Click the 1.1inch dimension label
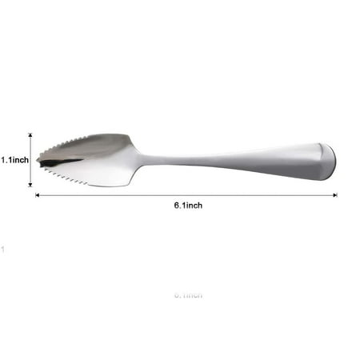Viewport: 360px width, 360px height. [14, 160]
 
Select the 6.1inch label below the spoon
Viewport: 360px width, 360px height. [188, 206]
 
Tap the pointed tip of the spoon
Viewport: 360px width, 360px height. [38, 159]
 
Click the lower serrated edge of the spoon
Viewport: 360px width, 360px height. [68, 175]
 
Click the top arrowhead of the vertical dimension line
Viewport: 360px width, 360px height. [30, 135]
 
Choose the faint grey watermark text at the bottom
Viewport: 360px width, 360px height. [188, 295]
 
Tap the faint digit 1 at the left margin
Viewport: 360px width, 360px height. [3, 250]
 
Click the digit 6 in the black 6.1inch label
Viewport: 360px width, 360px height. [177, 206]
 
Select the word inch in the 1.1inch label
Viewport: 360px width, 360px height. [21, 160]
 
